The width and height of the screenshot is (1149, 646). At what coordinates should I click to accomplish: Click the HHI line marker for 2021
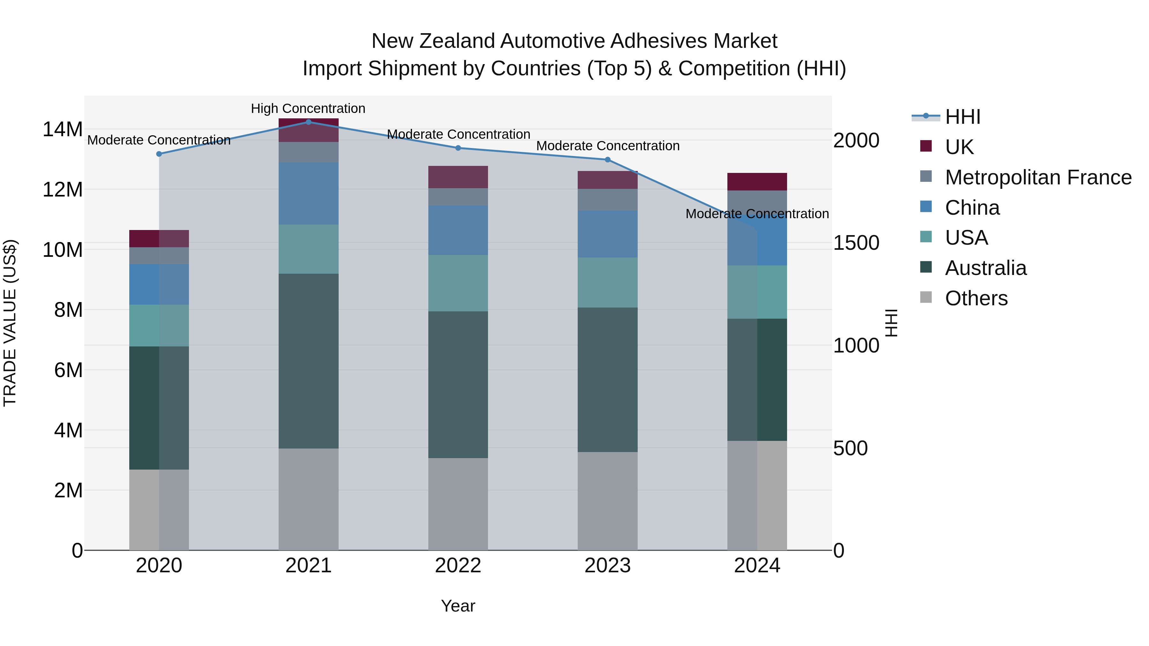click(x=308, y=122)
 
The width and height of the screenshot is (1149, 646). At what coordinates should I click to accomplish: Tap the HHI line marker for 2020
click(x=159, y=154)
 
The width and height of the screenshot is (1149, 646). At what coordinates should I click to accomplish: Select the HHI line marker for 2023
click(x=607, y=160)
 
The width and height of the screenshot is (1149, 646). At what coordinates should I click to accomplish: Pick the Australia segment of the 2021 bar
click(x=308, y=361)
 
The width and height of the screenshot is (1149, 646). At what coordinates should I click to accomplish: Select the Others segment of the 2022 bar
click(x=458, y=504)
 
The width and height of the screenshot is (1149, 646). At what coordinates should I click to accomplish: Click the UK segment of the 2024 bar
click(x=757, y=182)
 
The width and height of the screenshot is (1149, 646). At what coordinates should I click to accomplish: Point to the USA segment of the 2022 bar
click(x=458, y=283)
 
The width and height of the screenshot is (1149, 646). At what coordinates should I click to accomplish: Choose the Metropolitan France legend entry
click(x=1038, y=177)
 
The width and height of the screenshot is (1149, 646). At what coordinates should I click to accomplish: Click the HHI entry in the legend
click(x=963, y=117)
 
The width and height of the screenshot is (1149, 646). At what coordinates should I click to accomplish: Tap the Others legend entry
click(x=976, y=298)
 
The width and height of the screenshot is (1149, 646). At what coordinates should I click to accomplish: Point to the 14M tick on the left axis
click(x=63, y=129)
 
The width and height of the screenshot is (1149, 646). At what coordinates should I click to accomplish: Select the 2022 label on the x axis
click(x=458, y=566)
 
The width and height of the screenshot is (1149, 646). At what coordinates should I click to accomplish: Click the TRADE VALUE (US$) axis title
click(x=10, y=323)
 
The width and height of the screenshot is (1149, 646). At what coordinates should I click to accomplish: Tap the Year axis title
click(x=458, y=606)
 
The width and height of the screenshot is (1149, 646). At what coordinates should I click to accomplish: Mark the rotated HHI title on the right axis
click(x=891, y=323)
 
